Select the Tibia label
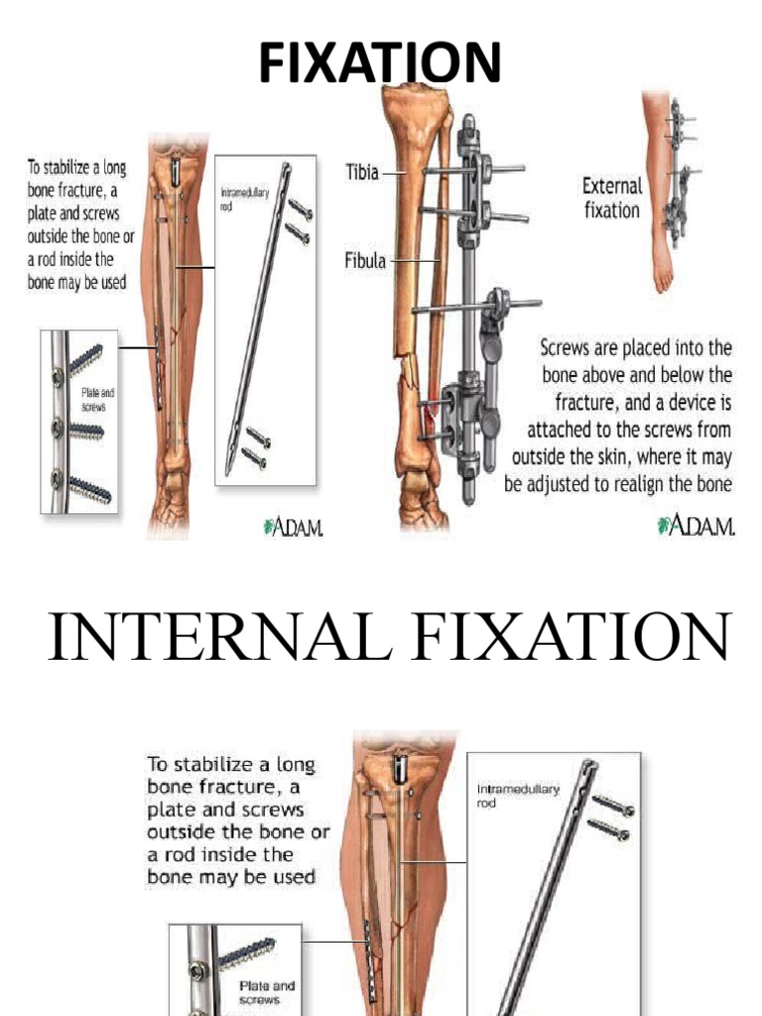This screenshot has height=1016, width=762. (x=361, y=172)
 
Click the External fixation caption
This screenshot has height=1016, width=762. (x=611, y=197)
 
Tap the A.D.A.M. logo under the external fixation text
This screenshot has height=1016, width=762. (x=696, y=525)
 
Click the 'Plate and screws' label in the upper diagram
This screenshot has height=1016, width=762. (x=96, y=400)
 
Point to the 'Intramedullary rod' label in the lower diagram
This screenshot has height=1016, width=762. (x=518, y=795)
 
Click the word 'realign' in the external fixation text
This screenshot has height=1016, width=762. (x=642, y=484)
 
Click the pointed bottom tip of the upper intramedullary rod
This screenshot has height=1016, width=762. (x=228, y=472)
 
